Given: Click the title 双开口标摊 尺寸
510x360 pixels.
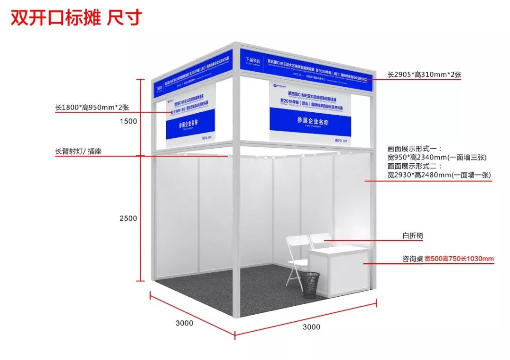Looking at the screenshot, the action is tap(76, 18).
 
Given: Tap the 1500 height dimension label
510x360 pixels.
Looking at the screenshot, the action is tap(128, 121).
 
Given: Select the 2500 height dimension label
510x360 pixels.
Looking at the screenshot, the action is tap(128, 218).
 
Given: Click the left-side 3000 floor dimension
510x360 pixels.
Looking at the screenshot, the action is tap(184, 323).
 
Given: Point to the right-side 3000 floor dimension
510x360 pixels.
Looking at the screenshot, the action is tap(311, 327).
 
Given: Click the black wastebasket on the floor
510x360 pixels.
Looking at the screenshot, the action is tap(310, 285).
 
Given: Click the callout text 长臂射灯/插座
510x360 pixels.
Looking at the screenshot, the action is tap(78, 152).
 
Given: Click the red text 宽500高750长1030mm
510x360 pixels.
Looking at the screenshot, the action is tap(459, 259).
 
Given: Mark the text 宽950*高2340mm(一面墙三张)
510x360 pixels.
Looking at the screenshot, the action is tap(437, 157).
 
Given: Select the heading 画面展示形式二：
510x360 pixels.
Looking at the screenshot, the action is tap(414, 166).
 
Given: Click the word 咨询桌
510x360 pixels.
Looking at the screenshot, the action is tap(412, 259).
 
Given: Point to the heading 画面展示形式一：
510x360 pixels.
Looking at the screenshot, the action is tap(414, 148).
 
